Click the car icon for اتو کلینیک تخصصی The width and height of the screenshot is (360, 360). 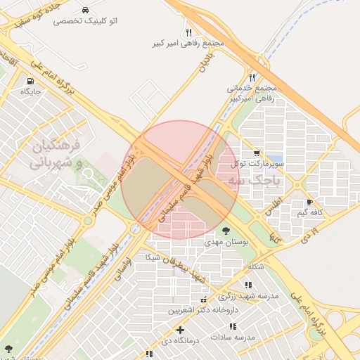(85, 11)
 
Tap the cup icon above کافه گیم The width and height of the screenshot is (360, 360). (309, 202)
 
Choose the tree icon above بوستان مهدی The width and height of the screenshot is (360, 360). (226, 230)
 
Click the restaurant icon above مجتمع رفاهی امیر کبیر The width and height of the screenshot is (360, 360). (188, 32)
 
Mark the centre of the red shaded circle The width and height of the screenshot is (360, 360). (181, 180)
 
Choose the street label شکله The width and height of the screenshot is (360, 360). (255, 266)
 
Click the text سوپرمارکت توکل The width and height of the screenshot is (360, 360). (259, 164)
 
